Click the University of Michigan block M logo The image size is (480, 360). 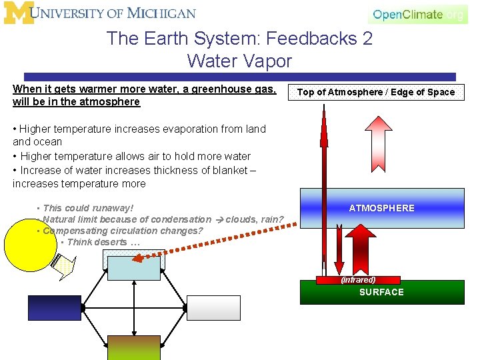point(18,13)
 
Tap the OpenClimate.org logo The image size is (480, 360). point(418,14)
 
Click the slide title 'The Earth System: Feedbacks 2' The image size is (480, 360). point(239,39)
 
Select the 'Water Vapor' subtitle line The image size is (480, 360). point(239,61)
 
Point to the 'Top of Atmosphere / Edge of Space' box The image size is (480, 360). point(375,92)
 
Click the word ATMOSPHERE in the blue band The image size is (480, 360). point(381,208)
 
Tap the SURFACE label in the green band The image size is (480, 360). point(381,292)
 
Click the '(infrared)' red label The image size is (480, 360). point(358,280)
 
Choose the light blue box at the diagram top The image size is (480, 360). point(134,267)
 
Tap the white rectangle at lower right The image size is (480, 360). point(213,308)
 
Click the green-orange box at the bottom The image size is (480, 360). point(134,347)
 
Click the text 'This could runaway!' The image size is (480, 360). point(88,208)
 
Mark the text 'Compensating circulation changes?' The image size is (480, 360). point(123,231)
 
